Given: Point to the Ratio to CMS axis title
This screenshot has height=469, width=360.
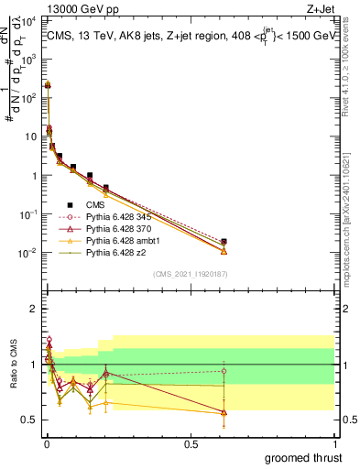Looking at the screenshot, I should coord(12,365).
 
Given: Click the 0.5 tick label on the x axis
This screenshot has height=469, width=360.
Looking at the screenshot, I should coord(191,442).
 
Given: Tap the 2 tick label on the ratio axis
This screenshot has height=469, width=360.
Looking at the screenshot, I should coord(34,309).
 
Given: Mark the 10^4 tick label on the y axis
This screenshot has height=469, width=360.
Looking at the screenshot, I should coord(27,19).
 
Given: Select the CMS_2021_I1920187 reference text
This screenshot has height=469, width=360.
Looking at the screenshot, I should coord(191,272).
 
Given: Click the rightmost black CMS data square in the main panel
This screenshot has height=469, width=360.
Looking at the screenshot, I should coord(224,241).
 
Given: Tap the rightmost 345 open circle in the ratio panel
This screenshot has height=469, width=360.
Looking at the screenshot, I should coord(224,371).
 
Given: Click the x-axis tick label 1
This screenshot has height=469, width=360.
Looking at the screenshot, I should coord(336,442).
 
